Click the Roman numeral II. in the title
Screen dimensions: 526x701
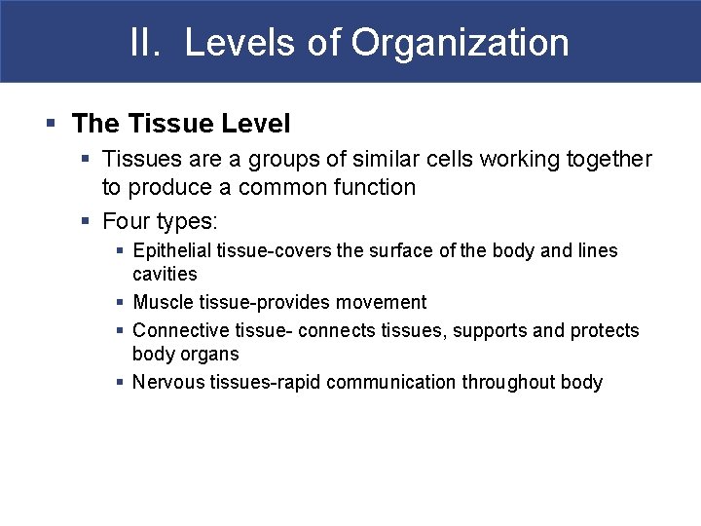click(x=146, y=43)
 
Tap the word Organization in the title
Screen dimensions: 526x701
click(x=461, y=43)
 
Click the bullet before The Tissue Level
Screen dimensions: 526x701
click(x=51, y=124)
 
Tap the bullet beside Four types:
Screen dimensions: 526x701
click(x=87, y=221)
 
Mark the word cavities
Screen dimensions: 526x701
click(x=165, y=274)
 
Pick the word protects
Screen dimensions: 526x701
click(x=603, y=330)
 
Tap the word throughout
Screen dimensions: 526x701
click(x=508, y=382)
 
